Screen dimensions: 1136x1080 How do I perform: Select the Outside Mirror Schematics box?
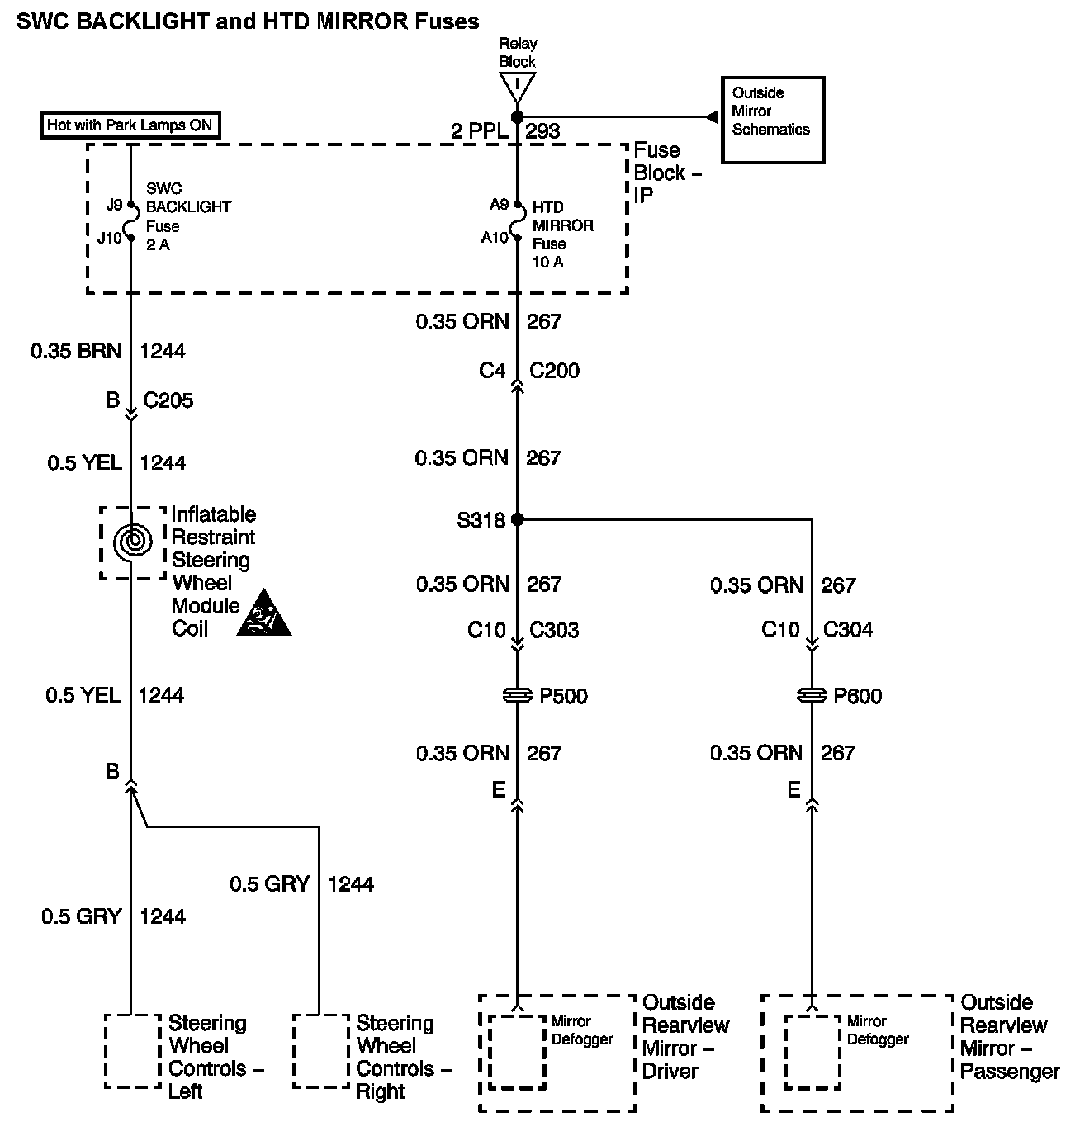click(x=772, y=120)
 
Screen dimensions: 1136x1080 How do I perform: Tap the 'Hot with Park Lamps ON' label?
click(x=130, y=125)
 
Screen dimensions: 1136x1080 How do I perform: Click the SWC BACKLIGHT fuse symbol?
click(x=130, y=222)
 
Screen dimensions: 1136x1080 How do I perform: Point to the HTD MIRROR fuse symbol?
click(x=518, y=221)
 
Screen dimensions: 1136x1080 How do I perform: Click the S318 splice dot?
click(x=518, y=519)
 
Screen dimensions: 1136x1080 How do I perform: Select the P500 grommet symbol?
click(x=518, y=696)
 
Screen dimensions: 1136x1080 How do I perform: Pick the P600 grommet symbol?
click(x=812, y=696)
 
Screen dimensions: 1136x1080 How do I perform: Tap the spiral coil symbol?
click(x=132, y=542)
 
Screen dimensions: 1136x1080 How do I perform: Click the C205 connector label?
click(x=168, y=400)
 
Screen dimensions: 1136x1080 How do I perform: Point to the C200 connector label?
click(x=554, y=371)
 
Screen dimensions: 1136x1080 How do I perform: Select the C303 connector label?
click(x=554, y=631)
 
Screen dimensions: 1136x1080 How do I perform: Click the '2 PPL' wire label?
click(x=479, y=130)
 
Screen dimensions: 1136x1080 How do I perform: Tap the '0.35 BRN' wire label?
click(x=76, y=351)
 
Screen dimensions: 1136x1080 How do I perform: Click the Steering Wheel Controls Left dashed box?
click(x=132, y=1050)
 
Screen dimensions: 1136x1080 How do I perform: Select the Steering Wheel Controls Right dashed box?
click(x=320, y=1050)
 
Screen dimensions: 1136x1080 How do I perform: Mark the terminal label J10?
click(x=109, y=238)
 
